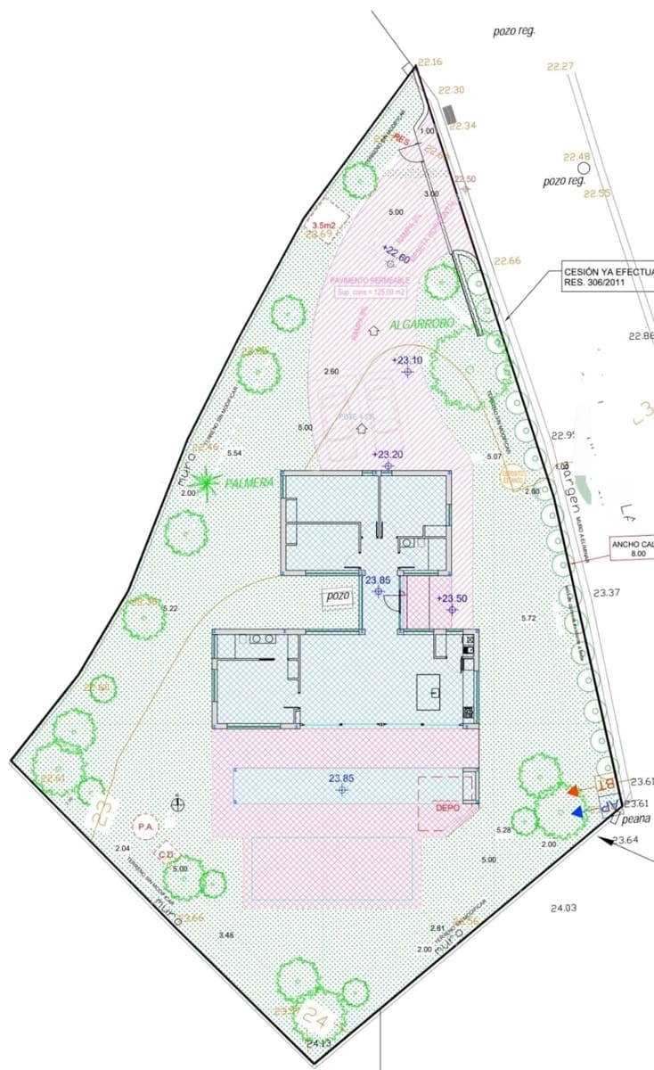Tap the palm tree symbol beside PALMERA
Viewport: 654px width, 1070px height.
pyautogui.click(x=207, y=482)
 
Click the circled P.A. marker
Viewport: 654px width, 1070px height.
pyautogui.click(x=144, y=827)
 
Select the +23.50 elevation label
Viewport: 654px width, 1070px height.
pyautogui.click(x=452, y=598)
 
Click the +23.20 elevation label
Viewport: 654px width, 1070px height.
pyautogui.click(x=388, y=454)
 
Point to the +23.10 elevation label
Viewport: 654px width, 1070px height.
pyautogui.click(x=406, y=360)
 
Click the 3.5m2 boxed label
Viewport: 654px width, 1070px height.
pyautogui.click(x=322, y=226)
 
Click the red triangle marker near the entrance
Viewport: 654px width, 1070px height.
pyautogui.click(x=572, y=791)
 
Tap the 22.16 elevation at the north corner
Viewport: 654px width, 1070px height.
pyautogui.click(x=429, y=62)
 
